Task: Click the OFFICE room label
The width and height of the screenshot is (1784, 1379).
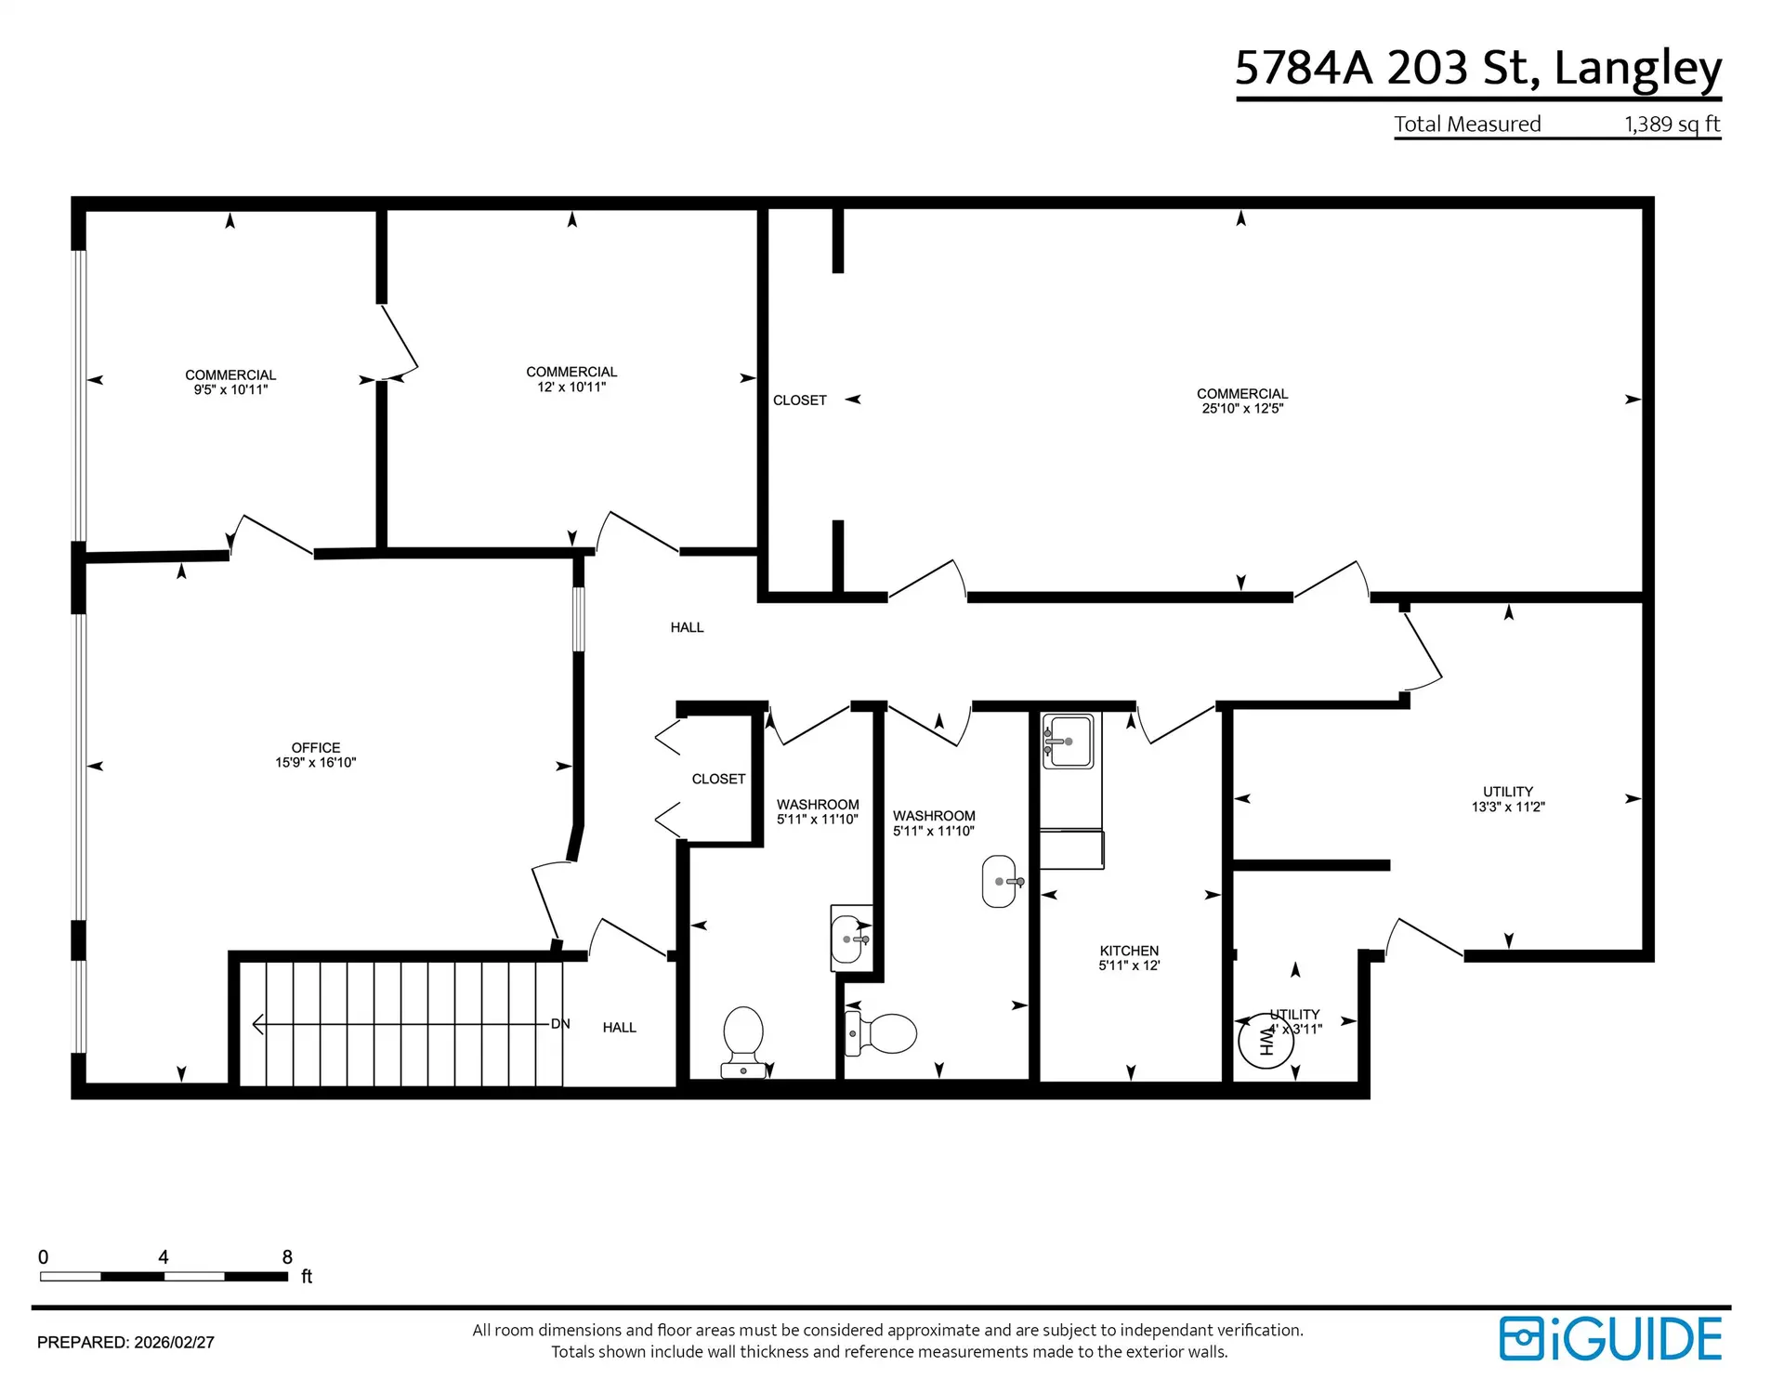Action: (316, 747)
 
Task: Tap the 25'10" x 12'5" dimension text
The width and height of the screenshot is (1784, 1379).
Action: (1242, 408)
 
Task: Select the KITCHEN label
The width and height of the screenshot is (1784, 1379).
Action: (1129, 951)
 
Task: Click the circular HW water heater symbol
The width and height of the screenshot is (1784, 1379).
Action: (1266, 1042)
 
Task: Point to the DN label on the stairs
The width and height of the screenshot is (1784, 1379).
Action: (560, 1024)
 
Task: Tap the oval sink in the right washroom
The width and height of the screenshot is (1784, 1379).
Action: (999, 881)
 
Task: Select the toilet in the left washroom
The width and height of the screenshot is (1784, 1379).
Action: (743, 1039)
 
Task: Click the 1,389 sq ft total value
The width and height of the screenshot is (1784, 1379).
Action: (1672, 124)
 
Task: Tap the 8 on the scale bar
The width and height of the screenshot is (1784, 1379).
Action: (287, 1257)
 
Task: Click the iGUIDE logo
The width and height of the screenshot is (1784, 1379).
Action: (1611, 1339)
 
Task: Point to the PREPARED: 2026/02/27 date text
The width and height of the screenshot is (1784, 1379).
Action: (125, 1343)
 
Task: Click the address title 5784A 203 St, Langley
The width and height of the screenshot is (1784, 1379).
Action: (1477, 68)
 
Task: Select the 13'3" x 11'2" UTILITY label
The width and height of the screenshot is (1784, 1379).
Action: (1507, 799)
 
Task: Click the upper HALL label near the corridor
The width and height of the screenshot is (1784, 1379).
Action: (687, 627)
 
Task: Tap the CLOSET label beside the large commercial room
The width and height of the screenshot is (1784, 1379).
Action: (799, 401)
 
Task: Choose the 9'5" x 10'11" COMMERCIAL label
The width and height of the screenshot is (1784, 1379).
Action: (230, 382)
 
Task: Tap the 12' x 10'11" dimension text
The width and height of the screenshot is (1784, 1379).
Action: (571, 387)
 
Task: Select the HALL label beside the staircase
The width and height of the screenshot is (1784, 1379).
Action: (619, 1027)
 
